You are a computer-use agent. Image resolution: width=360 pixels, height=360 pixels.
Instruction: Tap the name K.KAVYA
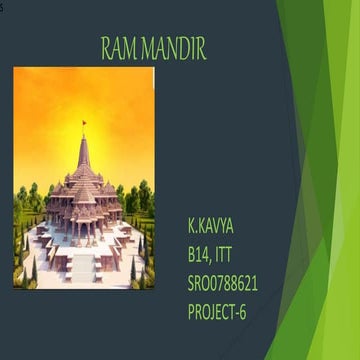coord(215,218)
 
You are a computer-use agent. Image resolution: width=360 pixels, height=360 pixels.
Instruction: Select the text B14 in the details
coord(201,240)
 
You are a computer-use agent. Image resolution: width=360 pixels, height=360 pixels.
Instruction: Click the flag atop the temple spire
coord(84,123)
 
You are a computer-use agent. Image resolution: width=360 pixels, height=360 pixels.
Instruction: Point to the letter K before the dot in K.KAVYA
coord(192,218)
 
